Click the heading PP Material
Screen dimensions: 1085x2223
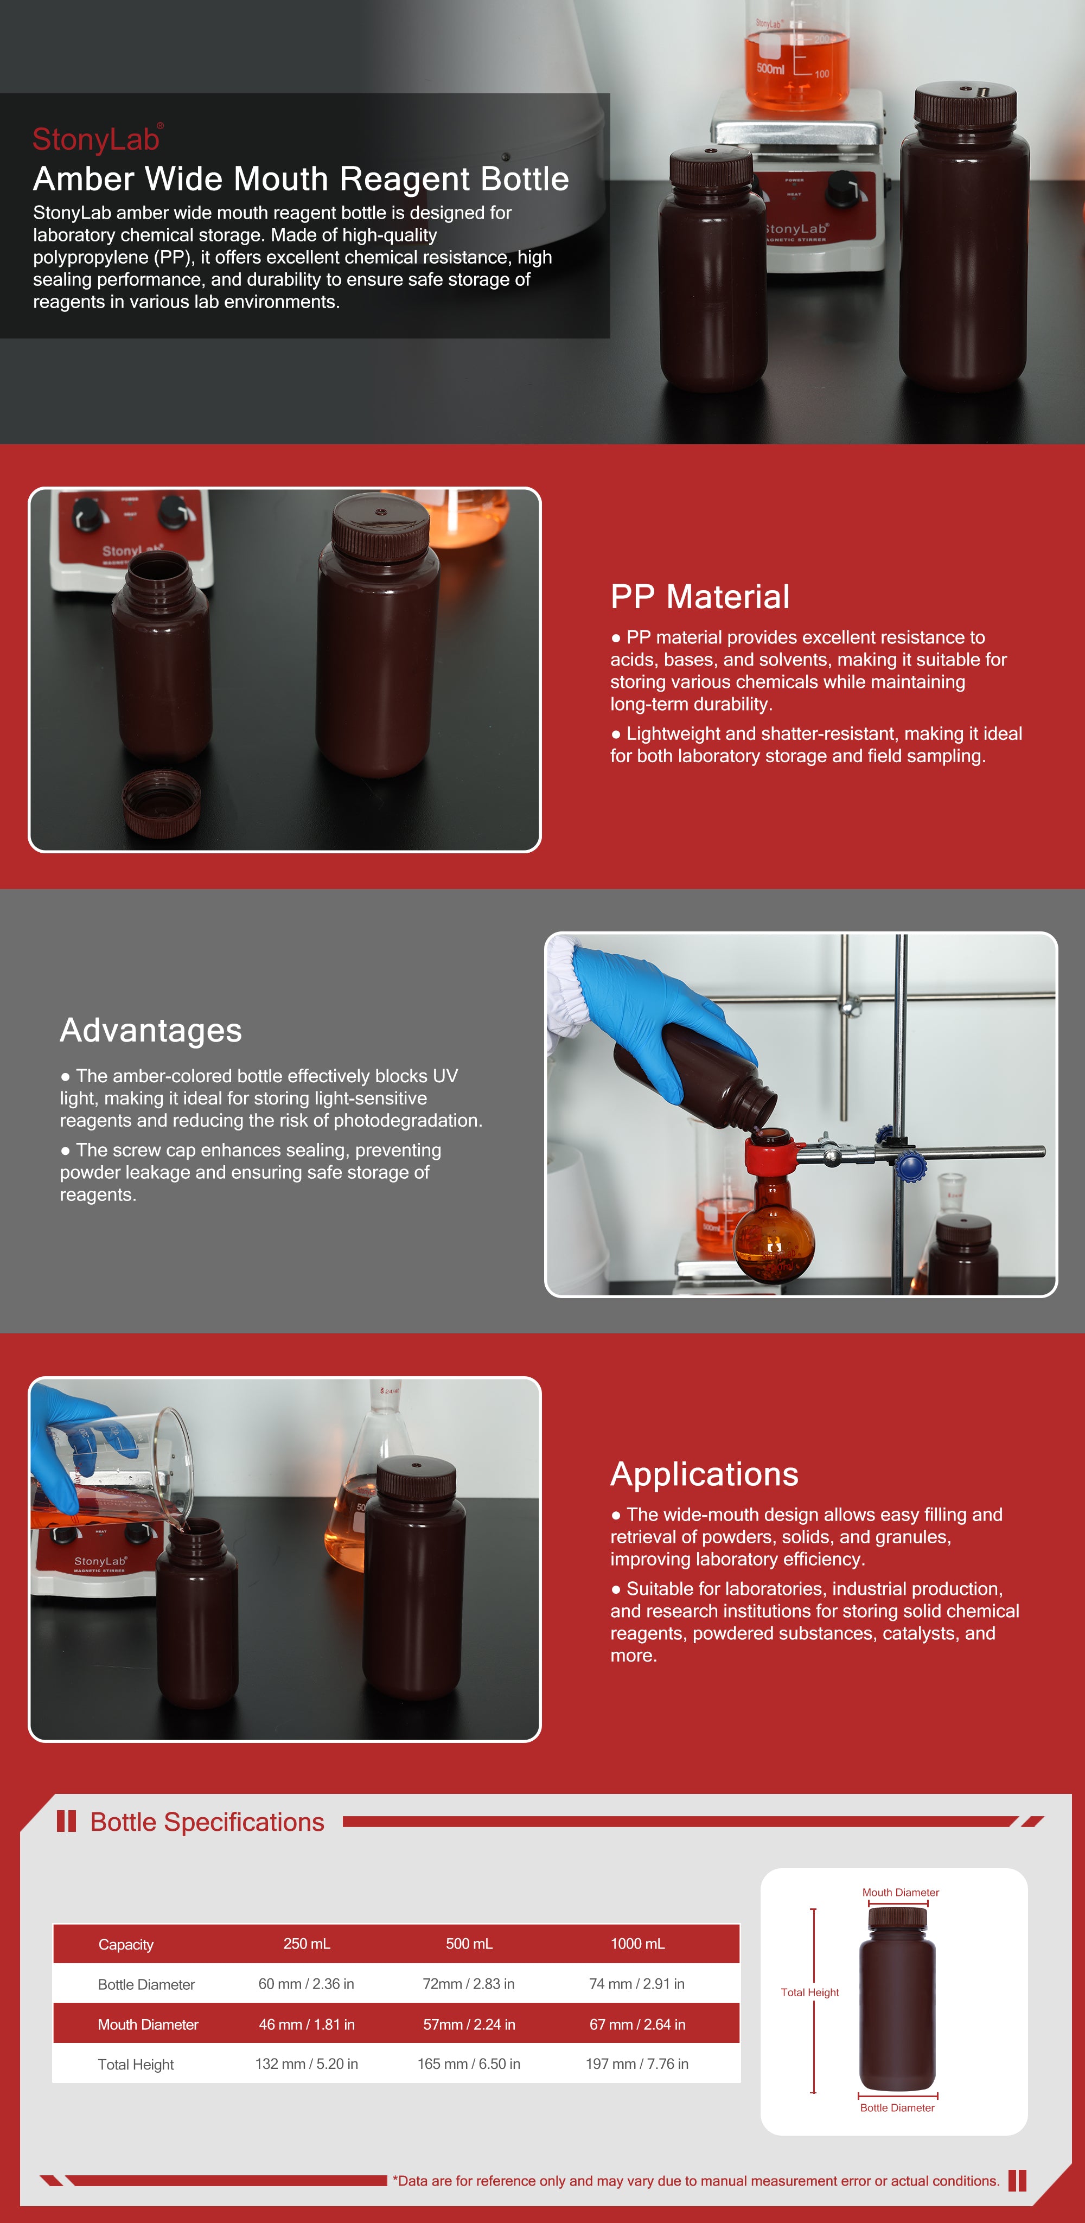click(699, 596)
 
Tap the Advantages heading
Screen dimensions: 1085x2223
click(151, 1030)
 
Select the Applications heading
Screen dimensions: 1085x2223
click(704, 1474)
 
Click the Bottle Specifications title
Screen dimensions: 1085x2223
click(207, 1822)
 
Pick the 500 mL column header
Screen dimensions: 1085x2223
click(469, 1944)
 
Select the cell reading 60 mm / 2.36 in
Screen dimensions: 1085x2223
click(307, 1984)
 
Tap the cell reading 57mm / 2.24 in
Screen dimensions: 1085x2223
click(469, 2024)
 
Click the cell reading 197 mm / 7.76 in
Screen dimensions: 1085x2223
click(637, 2064)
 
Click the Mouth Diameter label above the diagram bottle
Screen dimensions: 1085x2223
click(901, 1893)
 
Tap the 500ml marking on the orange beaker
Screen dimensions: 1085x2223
click(770, 68)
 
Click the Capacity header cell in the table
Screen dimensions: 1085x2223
click(126, 1944)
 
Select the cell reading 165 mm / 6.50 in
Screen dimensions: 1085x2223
click(469, 2064)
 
